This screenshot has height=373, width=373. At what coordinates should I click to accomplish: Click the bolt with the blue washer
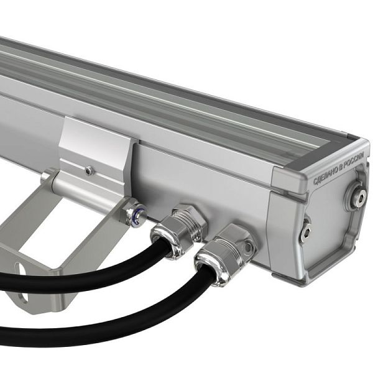pos(136,214)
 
